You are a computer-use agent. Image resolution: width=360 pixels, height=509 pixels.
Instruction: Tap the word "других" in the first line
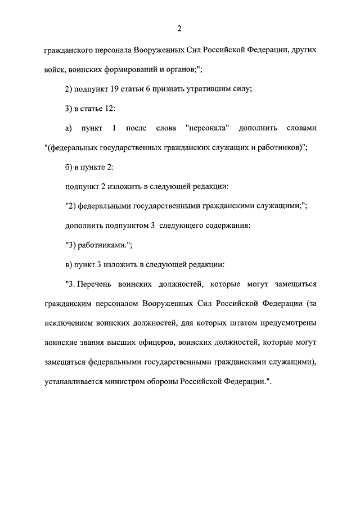click(303, 50)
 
